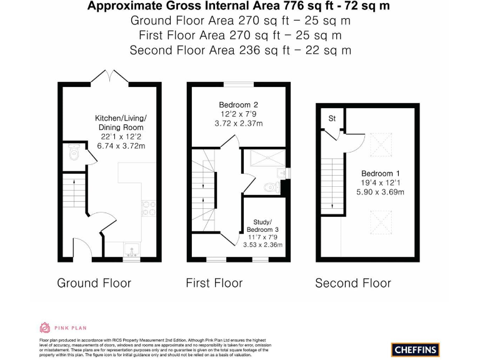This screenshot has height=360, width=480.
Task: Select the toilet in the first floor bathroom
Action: (271, 186)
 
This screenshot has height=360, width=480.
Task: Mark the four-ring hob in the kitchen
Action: (149, 207)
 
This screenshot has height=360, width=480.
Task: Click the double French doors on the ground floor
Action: (109, 77)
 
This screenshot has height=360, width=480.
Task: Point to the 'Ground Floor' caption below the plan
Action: (94, 283)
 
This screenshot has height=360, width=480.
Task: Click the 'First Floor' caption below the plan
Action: (214, 283)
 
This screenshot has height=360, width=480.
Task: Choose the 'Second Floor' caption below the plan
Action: (352, 283)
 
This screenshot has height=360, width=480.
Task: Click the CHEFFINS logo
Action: (415, 349)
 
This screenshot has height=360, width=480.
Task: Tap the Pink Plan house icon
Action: (44, 327)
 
